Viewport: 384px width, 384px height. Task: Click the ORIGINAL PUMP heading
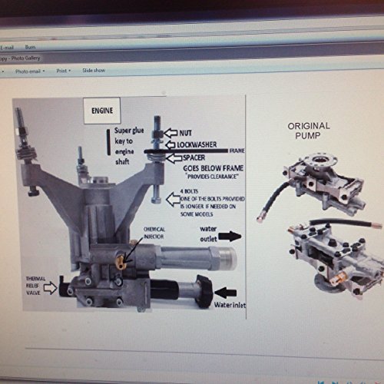(309, 131)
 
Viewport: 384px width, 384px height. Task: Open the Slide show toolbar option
(93, 69)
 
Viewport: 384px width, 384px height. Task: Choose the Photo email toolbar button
(28, 69)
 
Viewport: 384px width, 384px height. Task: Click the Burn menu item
(31, 47)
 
